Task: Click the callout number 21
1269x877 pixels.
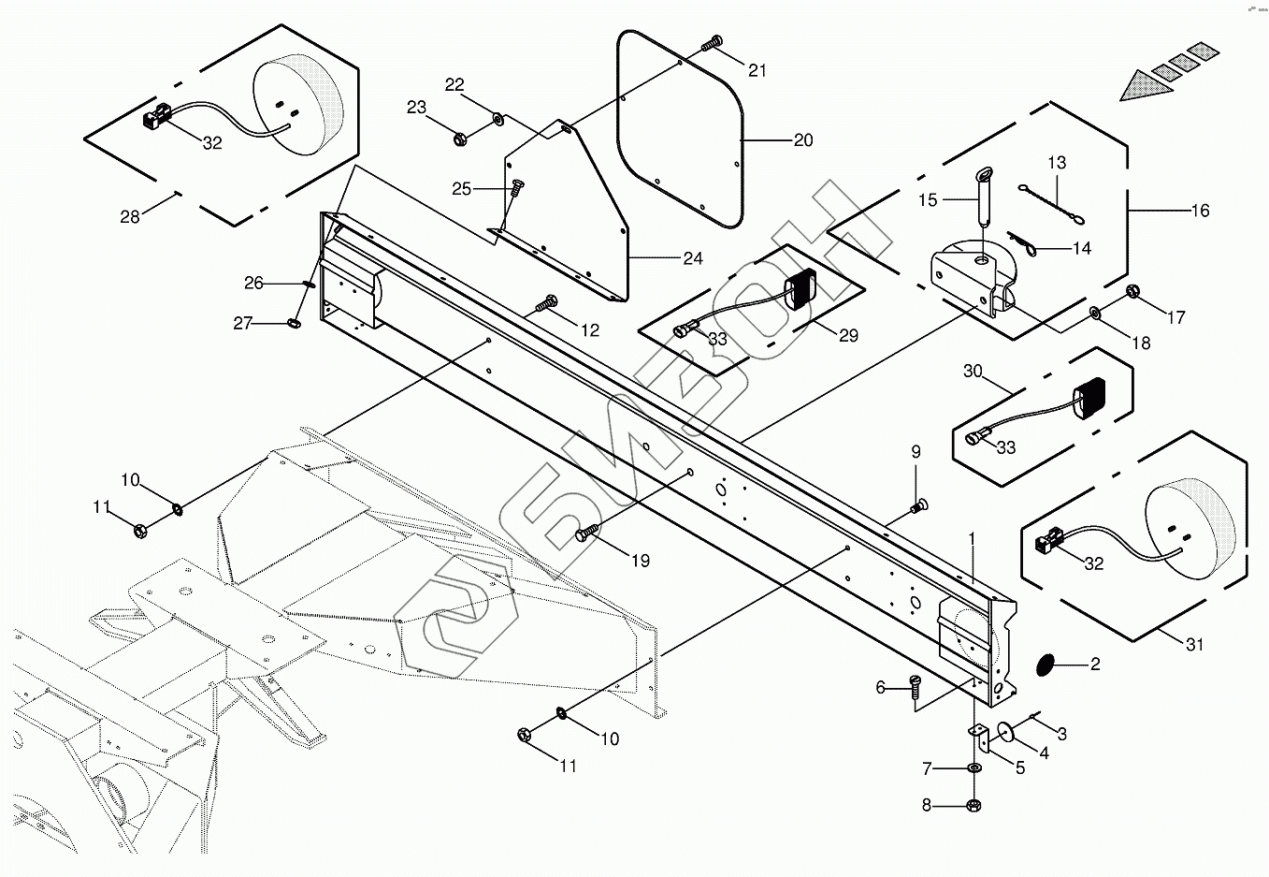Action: click(757, 70)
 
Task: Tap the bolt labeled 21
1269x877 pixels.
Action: click(713, 43)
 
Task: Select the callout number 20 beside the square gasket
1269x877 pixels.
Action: click(803, 140)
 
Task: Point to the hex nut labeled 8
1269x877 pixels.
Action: click(973, 805)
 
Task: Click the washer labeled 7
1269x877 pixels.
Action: click(973, 768)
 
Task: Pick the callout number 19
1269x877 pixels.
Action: click(641, 561)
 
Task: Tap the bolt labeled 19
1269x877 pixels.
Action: click(587, 533)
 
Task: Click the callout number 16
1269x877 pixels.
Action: click(1200, 211)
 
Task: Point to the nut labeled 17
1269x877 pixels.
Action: click(1133, 291)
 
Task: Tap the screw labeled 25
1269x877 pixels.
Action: click(516, 187)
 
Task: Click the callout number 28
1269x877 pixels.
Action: click(130, 216)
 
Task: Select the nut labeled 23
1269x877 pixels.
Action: click(460, 139)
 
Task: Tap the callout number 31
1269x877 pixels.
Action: click(1195, 644)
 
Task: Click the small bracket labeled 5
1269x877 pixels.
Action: click(980, 738)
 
